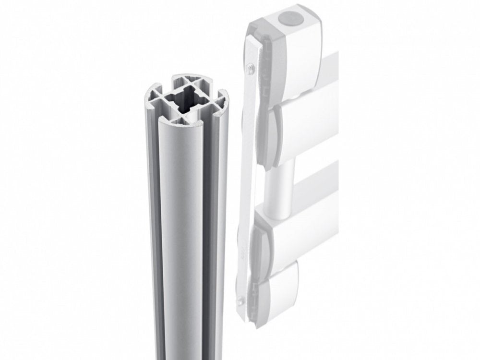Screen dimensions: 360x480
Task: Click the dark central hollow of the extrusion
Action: [186, 99]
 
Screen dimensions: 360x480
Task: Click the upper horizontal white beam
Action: [307, 120]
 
